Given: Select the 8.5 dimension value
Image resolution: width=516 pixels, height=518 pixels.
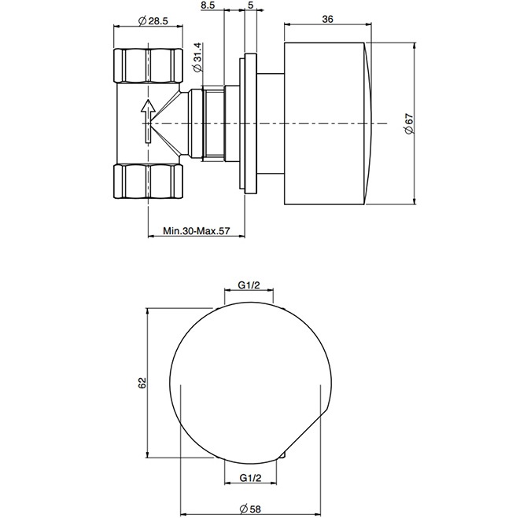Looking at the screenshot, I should point(208,6).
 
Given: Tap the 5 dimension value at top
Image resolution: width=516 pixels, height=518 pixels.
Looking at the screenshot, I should point(249,6).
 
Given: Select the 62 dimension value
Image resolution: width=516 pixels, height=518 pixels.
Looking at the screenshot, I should point(142,383).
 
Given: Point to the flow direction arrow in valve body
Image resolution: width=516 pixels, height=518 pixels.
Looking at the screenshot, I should point(147,120).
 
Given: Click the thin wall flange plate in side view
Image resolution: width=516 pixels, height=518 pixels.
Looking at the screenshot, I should point(250,123).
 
